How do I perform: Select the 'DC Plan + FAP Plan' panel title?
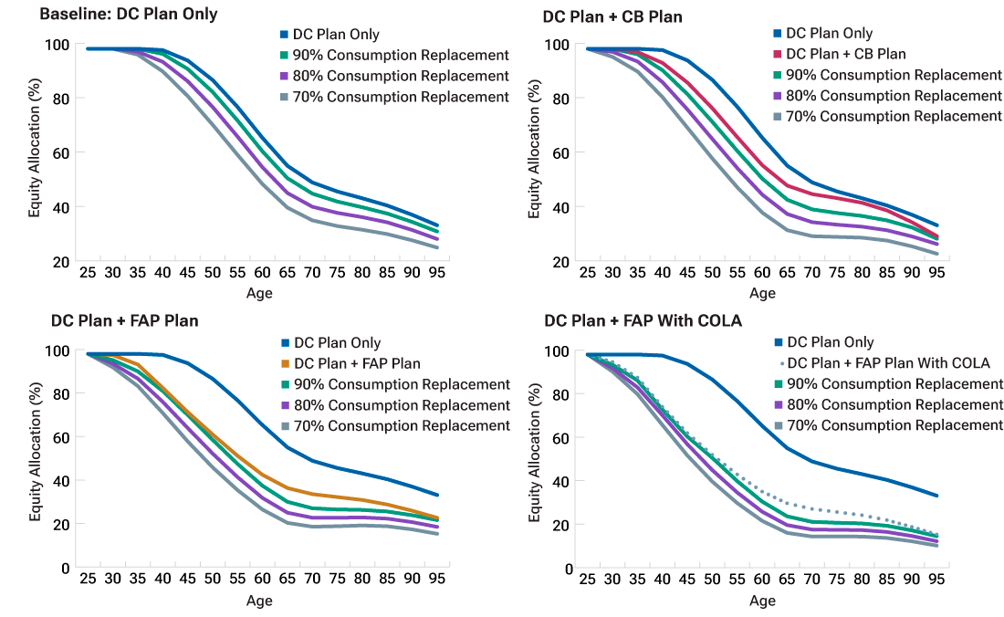coord(125,320)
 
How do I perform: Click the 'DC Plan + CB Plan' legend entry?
coord(846,54)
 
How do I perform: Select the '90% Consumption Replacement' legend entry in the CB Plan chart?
coord(894,75)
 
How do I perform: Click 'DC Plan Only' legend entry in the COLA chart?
coord(831,342)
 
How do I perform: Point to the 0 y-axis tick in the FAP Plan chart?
coord(64,568)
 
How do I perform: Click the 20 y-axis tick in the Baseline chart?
coord(60,261)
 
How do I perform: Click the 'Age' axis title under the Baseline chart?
coord(259,293)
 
